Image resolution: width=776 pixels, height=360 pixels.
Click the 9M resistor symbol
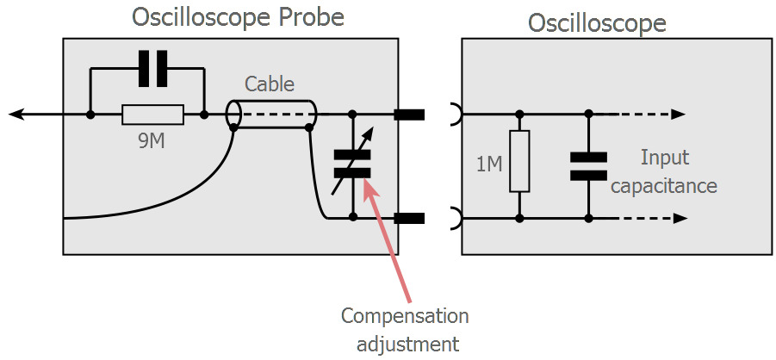[152, 114]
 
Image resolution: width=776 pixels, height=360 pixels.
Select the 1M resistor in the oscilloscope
[519, 161]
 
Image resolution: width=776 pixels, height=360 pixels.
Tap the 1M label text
[489, 163]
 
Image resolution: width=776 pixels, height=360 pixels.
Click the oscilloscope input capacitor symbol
[588, 165]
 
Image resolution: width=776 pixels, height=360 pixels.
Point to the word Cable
[270, 84]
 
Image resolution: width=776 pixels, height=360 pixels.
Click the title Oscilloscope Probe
[238, 17]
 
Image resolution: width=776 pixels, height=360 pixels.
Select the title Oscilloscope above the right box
[597, 22]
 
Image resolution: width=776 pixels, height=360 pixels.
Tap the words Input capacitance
[664, 171]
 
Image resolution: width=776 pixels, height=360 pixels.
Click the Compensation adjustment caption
[405, 329]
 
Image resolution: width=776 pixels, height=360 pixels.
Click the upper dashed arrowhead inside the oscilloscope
[680, 114]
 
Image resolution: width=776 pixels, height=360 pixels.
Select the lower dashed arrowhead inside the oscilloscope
[680, 219]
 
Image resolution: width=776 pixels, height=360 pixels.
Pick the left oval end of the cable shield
[234, 115]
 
